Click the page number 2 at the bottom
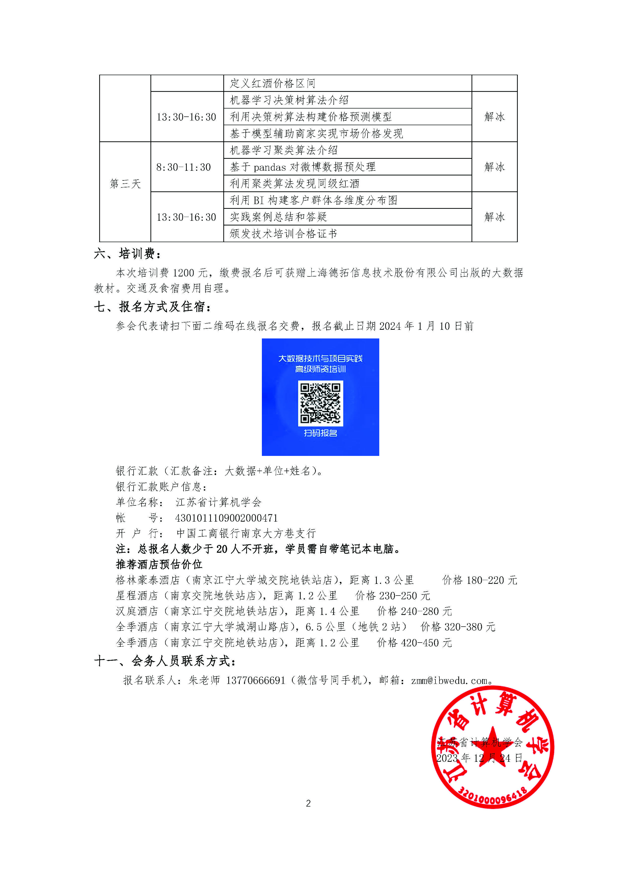[x=308, y=803]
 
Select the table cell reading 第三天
[x=125, y=184]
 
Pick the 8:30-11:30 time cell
[x=184, y=167]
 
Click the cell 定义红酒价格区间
[x=272, y=83]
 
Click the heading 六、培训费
[x=127, y=254]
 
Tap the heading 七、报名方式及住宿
[x=152, y=306]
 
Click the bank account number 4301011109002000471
[x=227, y=518]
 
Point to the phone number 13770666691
[x=255, y=680]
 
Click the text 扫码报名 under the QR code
[x=320, y=433]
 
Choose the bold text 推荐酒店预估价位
[x=159, y=564]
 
